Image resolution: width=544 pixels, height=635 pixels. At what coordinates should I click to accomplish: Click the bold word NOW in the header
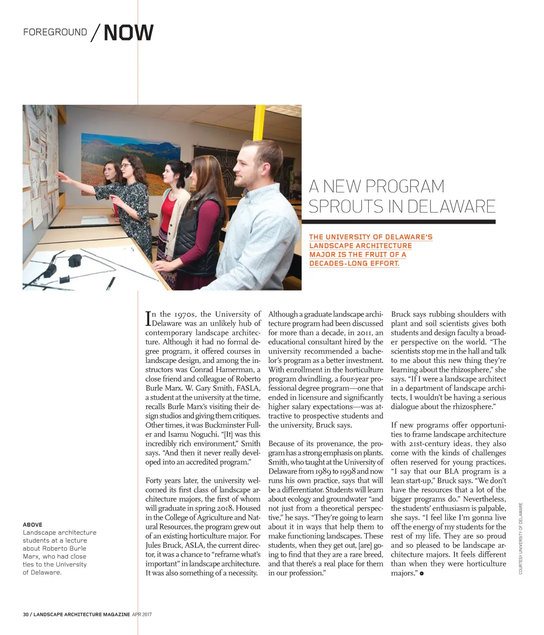pyautogui.click(x=129, y=32)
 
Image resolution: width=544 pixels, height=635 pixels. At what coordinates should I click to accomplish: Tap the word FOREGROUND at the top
pyautogui.click(x=55, y=32)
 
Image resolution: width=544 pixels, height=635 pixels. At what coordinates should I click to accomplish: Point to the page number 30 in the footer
pyautogui.click(x=25, y=615)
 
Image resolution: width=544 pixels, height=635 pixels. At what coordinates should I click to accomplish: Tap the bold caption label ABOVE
pyautogui.click(x=32, y=525)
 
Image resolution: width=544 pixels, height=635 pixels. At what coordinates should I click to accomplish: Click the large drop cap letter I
pyautogui.click(x=148, y=318)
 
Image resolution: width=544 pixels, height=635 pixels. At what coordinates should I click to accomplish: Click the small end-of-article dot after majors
pyautogui.click(x=421, y=573)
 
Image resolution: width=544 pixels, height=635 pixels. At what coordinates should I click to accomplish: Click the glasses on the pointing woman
pyautogui.click(x=124, y=166)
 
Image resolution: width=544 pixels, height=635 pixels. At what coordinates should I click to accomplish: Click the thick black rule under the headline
pyautogui.click(x=398, y=222)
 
